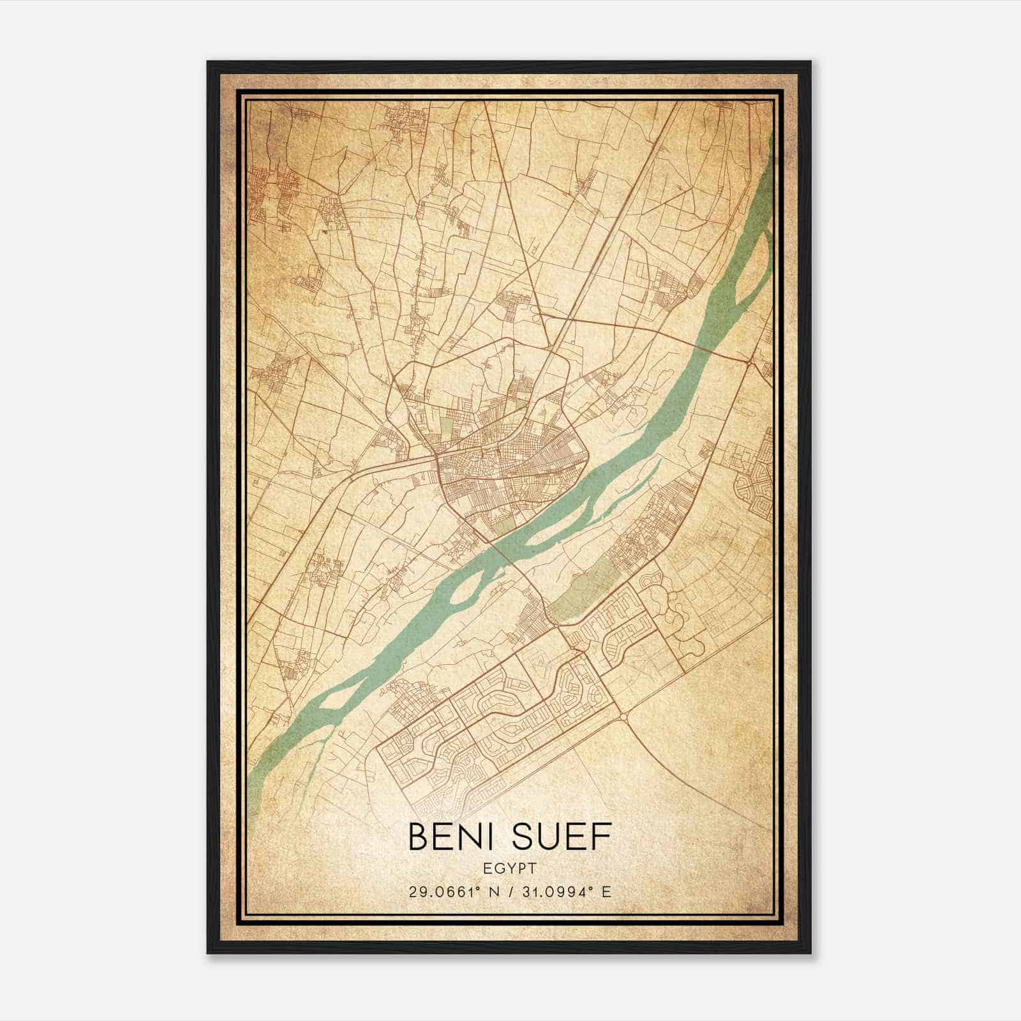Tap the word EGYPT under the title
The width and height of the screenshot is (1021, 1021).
(x=510, y=868)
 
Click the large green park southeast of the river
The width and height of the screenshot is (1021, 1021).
(x=584, y=590)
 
